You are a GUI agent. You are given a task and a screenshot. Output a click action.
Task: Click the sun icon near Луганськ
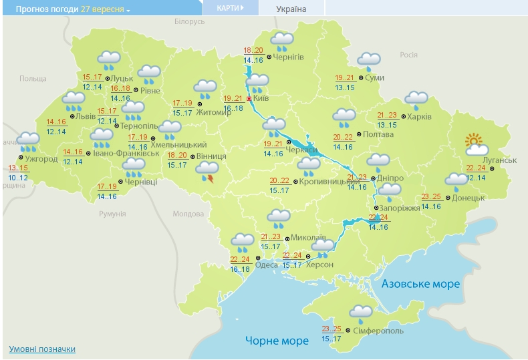point(473,142)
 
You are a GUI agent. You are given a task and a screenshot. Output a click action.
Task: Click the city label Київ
point(262,99)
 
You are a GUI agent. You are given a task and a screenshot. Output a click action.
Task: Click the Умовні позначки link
point(42,349)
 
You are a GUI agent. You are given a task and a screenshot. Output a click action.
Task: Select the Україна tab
point(291,9)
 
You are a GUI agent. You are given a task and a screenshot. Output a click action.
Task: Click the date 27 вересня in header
point(102,9)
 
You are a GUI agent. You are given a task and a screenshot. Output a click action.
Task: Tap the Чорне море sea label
point(277,341)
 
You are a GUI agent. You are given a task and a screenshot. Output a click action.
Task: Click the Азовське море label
point(421,284)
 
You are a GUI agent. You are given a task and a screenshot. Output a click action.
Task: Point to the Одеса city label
point(267,264)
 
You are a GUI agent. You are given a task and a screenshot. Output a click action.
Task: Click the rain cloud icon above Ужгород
point(28,140)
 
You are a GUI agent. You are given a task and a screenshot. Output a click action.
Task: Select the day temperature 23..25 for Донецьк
point(432,196)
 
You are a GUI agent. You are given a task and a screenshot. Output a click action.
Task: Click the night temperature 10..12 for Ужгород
point(19,177)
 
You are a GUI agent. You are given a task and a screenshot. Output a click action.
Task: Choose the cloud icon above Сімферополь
point(361,312)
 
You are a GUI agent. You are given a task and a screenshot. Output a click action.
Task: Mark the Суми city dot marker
point(361,78)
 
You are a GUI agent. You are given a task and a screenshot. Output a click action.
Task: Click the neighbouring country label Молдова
point(188,214)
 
